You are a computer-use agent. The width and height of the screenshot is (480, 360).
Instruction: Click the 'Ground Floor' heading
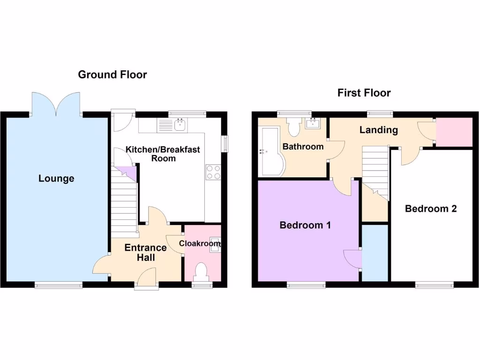coord(112,75)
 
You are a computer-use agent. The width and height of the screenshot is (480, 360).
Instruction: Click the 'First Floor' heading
coord(364,93)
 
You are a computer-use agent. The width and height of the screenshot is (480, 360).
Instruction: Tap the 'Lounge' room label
coord(56,179)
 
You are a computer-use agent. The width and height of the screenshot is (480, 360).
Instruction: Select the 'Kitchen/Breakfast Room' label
coord(163,154)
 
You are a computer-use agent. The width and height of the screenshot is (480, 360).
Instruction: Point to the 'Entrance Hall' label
coord(145,252)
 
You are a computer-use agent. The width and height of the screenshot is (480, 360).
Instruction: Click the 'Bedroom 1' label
coord(305,225)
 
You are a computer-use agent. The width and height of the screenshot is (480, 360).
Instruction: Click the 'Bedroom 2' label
coord(431,209)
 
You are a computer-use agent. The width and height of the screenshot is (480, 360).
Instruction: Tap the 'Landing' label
coord(378,130)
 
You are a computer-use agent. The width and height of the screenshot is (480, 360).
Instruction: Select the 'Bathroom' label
coord(303,146)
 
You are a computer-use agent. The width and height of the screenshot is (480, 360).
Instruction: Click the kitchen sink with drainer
coord(172,125)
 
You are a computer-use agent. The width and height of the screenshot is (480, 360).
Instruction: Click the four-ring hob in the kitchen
coord(213,172)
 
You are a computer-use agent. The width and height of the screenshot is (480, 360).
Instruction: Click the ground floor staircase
coord(124,202)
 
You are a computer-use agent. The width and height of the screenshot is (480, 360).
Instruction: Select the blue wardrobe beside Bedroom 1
coord(375,253)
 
